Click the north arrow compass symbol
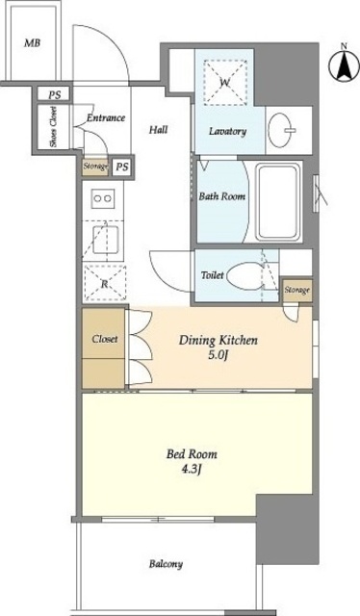pos(344,65)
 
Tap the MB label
pos(32,43)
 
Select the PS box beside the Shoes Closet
pos(54,94)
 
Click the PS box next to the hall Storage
pos(122,167)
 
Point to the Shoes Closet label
pos(54,126)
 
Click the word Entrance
pos(106,117)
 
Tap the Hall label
pos(159,129)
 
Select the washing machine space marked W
pos(225,83)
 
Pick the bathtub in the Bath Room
pos(278,201)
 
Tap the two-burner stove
pos(103,199)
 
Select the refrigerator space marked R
pos(105,284)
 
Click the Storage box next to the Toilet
pos(297,291)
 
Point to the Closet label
pos(105,339)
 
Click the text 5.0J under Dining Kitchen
pos(219,356)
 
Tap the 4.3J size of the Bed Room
pos(192,469)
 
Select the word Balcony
pos(166,565)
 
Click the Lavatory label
pos(227,131)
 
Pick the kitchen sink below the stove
pos(105,240)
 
